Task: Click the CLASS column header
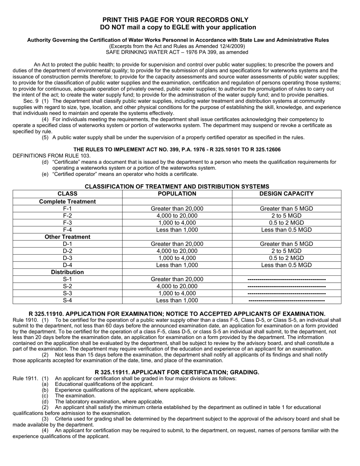pos(67,194)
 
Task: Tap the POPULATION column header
pos(177,194)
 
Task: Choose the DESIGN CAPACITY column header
pos(286,194)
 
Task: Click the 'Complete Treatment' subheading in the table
pos(67,202)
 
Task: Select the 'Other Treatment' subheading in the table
pos(67,237)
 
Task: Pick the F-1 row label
pos(67,209)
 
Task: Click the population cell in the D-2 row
pos(177,251)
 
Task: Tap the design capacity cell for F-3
pos(286,223)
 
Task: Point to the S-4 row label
pos(67,300)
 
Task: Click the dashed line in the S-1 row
pos(286,279)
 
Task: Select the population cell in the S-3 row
pos(177,293)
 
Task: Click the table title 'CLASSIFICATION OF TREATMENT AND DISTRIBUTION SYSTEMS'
pos(177,186)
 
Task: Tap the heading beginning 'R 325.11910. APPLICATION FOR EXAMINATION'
pos(177,314)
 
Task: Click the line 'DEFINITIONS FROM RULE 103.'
pos(52,156)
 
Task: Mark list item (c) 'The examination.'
pos(75,396)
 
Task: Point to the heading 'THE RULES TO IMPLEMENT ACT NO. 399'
pos(177,150)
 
